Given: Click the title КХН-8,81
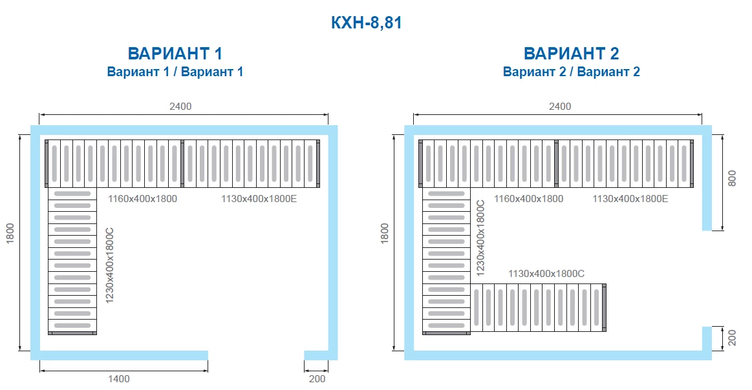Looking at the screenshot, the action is click(367, 23).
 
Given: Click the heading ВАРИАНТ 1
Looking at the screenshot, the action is click(175, 53).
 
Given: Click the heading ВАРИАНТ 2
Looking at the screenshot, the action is click(571, 53).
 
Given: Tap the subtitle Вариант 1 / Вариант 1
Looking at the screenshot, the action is click(175, 72).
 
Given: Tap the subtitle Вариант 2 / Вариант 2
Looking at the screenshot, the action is click(571, 72).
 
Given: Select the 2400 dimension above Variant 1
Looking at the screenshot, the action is click(180, 107).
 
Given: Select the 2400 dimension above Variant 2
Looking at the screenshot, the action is click(560, 107).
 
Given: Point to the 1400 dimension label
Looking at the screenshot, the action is click(118, 379).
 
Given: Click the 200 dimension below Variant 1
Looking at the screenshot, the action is click(317, 379).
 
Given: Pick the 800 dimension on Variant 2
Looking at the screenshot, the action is click(731, 178).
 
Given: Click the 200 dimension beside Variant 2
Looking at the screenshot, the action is click(731, 338).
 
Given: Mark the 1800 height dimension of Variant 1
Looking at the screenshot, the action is click(10, 233).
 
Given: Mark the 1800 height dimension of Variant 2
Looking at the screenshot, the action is click(385, 233).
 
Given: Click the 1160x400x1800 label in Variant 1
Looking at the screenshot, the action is click(142, 199).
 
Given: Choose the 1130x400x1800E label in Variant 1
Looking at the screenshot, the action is click(259, 199).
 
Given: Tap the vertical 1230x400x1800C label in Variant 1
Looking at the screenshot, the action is click(110, 265).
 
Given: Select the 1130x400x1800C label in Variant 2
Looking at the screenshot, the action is click(546, 274).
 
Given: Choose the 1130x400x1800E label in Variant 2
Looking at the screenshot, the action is click(630, 199).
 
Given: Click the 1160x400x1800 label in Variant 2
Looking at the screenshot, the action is click(528, 199).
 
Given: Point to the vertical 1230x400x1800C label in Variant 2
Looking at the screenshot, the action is click(480, 238).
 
